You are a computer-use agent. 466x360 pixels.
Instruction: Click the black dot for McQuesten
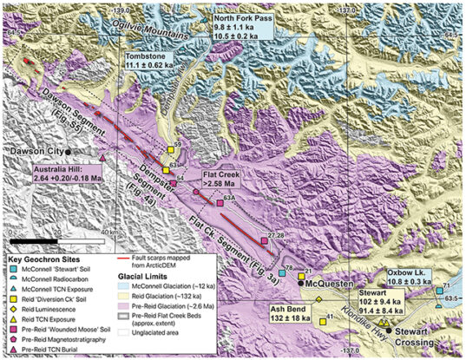[300, 283]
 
